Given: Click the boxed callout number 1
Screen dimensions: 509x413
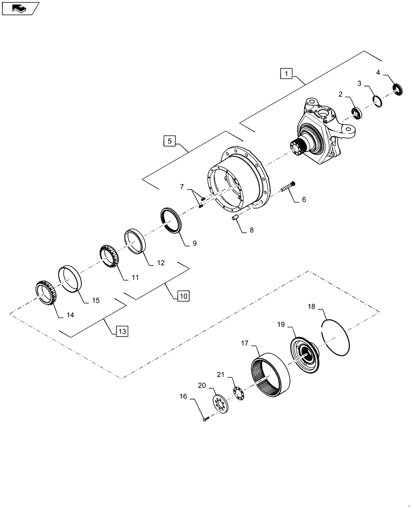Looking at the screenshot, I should (286, 74).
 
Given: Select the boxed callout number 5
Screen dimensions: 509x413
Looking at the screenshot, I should (170, 140).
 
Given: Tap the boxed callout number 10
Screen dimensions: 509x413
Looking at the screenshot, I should (183, 295).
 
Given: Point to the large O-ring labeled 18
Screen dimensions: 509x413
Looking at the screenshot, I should (336, 336).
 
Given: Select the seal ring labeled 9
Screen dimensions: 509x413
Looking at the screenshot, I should (170, 220).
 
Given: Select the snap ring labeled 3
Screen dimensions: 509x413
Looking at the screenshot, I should (376, 101).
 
